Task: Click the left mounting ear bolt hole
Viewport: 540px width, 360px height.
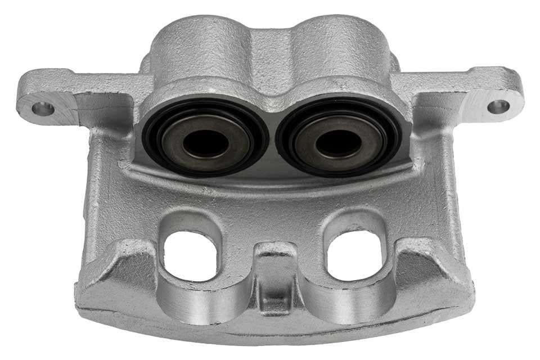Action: [x=43, y=109]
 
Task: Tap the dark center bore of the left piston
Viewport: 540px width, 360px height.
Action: [x=205, y=144]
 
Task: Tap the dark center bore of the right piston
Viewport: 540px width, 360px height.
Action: [x=337, y=143]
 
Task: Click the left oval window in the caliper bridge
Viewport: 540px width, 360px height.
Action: [x=190, y=255]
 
